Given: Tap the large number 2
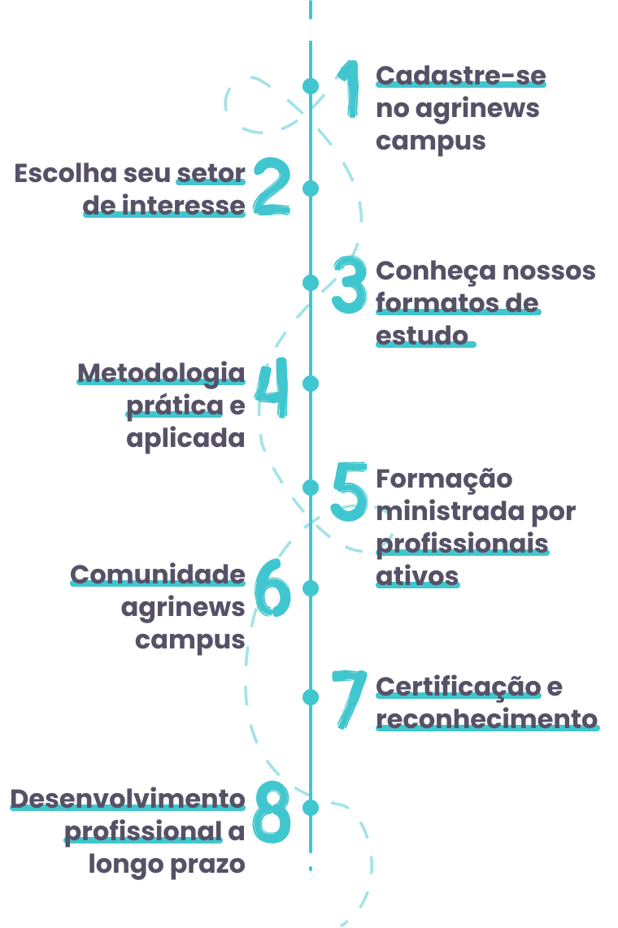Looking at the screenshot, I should pyautogui.click(x=271, y=188).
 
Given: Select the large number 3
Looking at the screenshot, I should pyautogui.click(x=350, y=286).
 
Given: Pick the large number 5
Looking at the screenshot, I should pyautogui.click(x=350, y=492).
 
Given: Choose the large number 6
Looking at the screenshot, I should pyautogui.click(x=272, y=587).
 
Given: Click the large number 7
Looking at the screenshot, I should pyautogui.click(x=350, y=698).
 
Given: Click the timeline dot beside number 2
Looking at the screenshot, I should pyautogui.click(x=310, y=189).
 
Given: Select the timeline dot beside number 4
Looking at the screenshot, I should pyautogui.click(x=310, y=383).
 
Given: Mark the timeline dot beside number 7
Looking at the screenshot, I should pyautogui.click(x=310, y=696).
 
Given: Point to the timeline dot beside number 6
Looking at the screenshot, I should pyautogui.click(x=310, y=587).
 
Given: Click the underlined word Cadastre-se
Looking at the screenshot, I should pyautogui.click(x=460, y=76).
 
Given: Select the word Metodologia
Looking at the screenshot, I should pyautogui.click(x=161, y=373).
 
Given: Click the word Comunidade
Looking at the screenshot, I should pyautogui.click(x=158, y=575).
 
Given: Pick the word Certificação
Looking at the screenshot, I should pyautogui.click(x=458, y=687).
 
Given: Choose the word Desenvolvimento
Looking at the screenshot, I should pyautogui.click(x=128, y=799).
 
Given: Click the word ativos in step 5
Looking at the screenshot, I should pyautogui.click(x=417, y=575).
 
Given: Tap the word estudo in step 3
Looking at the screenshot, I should pyautogui.click(x=422, y=335).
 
